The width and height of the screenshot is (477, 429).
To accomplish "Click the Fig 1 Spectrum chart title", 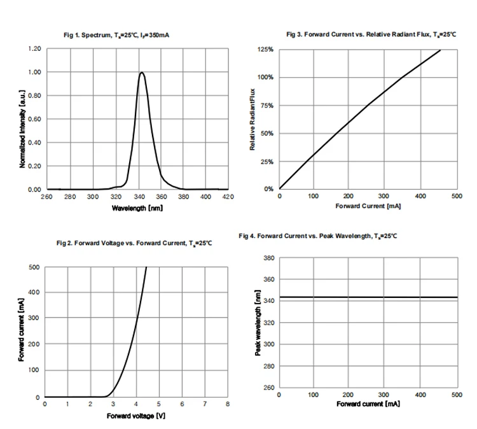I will click(116, 34).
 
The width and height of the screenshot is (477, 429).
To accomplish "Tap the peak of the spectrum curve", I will click(141, 73).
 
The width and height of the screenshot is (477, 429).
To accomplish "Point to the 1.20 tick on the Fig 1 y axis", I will click(34, 49).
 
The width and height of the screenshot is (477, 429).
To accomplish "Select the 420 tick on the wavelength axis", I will click(227, 197).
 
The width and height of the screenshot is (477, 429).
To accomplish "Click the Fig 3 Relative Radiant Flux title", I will click(371, 34).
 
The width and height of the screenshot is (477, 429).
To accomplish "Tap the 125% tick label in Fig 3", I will click(266, 50).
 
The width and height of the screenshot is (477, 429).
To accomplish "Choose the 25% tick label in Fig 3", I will click(266, 162).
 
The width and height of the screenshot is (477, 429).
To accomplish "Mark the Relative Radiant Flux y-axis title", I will click(252, 120).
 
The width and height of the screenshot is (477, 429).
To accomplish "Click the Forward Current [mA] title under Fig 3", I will click(368, 206).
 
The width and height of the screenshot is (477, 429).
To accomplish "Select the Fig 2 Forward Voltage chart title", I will click(134, 244).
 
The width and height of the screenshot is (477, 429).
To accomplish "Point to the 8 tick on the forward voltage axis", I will click(227, 404).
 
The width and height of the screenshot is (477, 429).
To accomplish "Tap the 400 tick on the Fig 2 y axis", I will click(34, 293).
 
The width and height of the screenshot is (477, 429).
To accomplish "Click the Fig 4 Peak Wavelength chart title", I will click(318, 236).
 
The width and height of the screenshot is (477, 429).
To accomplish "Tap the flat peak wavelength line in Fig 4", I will click(368, 297).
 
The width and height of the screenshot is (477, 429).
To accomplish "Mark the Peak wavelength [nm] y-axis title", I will click(258, 324).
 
